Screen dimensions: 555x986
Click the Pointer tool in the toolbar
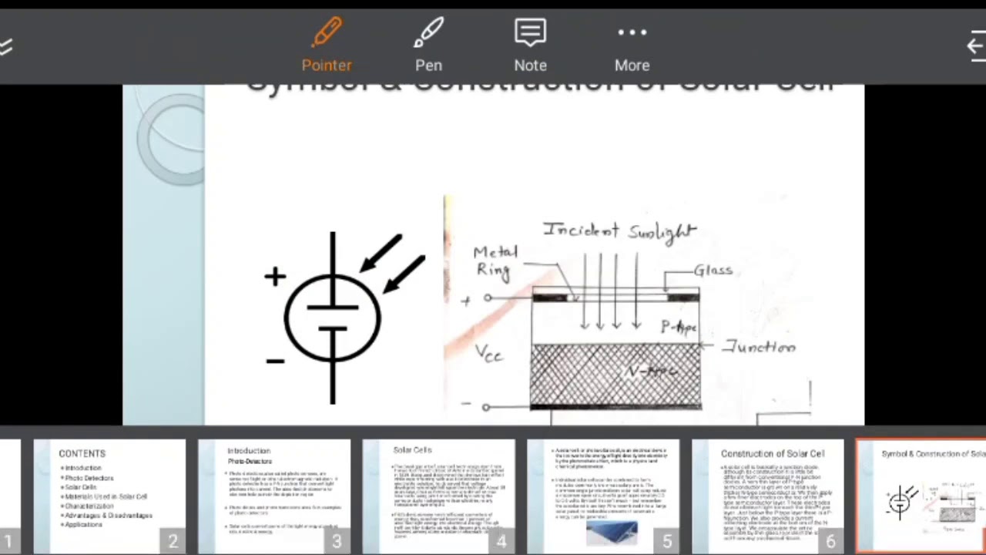327,45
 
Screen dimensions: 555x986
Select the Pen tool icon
428,45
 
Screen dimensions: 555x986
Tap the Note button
530,45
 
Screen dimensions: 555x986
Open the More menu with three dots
632,45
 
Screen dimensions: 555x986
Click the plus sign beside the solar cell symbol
275,277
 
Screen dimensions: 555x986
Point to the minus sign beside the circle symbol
275,360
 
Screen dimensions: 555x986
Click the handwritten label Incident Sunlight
619,230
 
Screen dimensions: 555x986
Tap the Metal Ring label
495,261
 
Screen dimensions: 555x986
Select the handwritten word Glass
713,270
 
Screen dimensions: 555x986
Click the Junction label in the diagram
759,348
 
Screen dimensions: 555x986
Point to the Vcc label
489,354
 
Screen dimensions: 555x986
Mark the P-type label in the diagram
678,328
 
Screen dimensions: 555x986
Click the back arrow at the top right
975,46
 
